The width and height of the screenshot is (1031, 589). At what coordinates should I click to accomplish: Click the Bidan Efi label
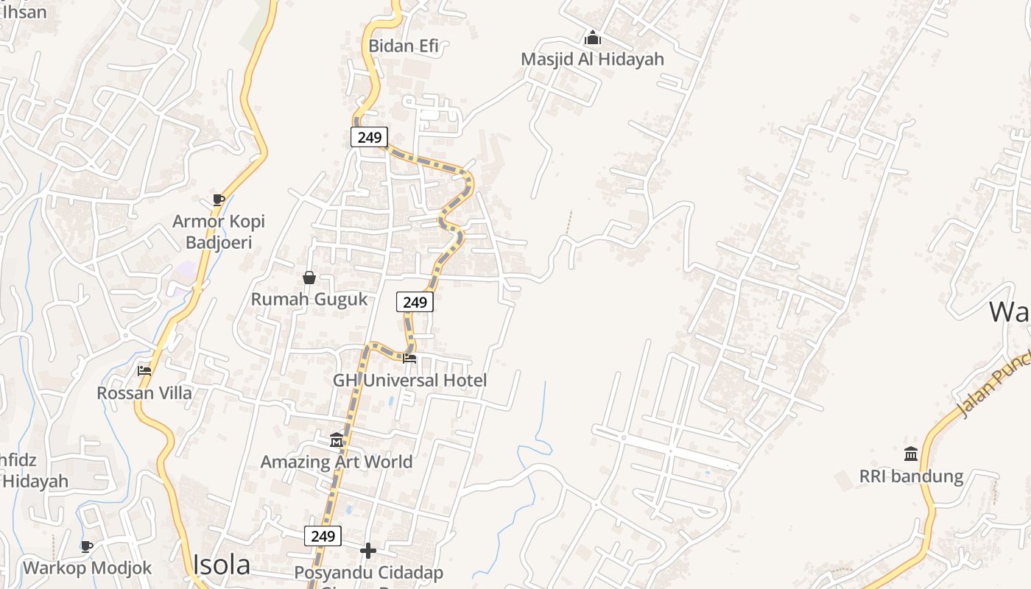pos(404,46)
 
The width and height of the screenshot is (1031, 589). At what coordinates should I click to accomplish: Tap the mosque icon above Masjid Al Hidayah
pos(593,37)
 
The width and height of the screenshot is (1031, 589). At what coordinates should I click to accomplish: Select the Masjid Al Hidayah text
pos(592,59)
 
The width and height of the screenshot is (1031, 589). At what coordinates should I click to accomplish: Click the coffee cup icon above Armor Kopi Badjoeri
pos(218,200)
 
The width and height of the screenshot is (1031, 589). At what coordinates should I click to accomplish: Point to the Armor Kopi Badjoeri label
pos(219,232)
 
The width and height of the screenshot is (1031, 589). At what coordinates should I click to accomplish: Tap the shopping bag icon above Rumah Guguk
pos(309,278)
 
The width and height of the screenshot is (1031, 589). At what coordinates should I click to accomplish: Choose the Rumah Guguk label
pos(309,299)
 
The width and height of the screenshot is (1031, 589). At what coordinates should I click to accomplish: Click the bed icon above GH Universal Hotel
pos(409,359)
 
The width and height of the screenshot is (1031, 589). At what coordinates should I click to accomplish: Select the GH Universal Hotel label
pos(410,381)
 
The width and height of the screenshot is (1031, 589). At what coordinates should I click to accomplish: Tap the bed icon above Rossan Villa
pos(144,370)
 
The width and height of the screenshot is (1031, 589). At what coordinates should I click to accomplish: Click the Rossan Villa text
pos(144,392)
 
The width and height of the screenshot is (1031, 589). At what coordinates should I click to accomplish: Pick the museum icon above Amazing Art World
pos(337,440)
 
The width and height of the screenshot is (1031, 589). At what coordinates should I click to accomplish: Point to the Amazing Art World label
pos(337,462)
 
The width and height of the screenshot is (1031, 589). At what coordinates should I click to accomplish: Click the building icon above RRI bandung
pos(911,454)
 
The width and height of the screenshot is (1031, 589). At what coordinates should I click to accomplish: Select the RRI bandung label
pos(911,476)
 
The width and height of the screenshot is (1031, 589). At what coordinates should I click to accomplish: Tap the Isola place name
pos(221,565)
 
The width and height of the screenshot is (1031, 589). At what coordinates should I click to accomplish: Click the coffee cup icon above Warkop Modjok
pos(87,546)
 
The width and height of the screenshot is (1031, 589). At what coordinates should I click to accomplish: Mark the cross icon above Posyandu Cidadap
pos(368,551)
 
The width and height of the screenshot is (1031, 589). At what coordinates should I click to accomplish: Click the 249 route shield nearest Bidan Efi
pos(369,137)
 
